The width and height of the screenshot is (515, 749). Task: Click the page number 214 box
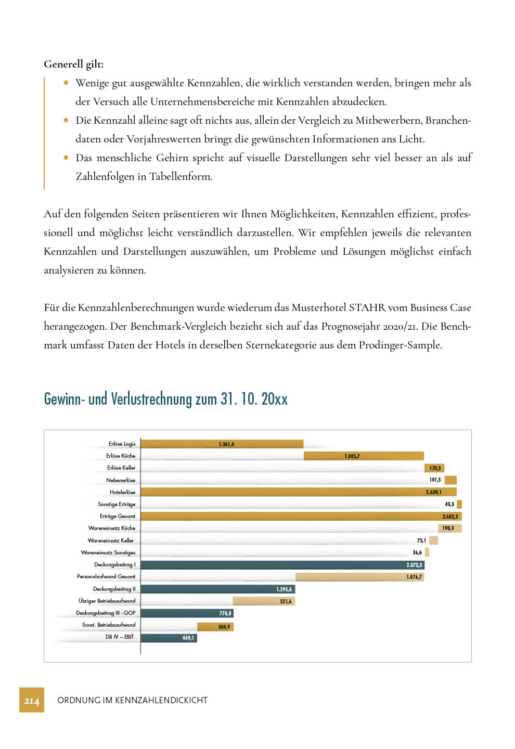coord(32,700)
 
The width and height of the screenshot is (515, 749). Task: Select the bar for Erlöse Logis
coord(222,444)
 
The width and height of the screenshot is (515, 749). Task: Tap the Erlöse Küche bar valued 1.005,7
coord(364,456)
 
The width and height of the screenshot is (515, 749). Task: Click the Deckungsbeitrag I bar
coord(282,565)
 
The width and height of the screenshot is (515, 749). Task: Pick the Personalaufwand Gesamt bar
coord(359,577)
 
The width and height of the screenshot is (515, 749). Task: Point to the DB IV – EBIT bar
coord(169,638)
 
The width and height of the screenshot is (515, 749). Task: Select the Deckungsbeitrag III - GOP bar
coord(187,613)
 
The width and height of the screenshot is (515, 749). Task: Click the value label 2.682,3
coord(450,516)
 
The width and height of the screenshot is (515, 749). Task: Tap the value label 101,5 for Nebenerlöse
coord(435,480)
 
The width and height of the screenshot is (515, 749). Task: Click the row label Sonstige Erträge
coord(117,505)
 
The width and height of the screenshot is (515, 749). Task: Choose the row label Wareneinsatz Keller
coord(111,540)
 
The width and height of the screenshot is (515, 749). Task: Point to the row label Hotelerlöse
coord(122,492)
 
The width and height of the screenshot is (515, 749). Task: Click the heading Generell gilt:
coord(73,64)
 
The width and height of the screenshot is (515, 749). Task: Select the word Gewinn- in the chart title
coord(65,399)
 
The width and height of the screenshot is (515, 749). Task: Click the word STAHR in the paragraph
coord(367,308)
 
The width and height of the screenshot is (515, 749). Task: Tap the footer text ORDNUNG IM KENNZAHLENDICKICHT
coord(132,701)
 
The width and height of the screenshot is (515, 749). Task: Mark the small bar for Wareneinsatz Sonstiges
coord(427,552)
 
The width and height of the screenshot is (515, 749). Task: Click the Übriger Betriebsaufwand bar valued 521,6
coord(264,601)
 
